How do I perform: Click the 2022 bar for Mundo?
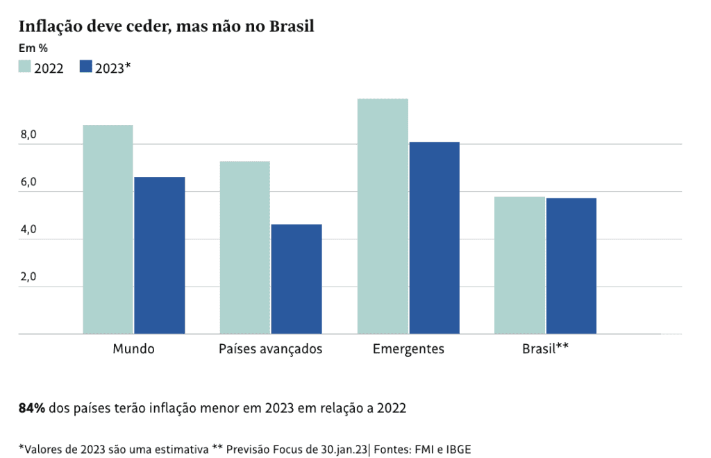coord(108,229)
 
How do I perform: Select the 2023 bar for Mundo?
coord(160,255)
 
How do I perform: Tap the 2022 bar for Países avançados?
coord(244,247)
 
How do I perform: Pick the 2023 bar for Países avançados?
coord(296,279)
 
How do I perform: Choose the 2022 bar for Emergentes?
coord(383,217)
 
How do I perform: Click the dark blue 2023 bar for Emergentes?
coord(434,238)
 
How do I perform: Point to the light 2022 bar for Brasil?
coord(519,265)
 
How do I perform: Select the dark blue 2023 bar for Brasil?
coord(571,266)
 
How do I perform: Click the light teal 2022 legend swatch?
coord(24,67)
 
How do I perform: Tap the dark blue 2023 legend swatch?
coord(86,67)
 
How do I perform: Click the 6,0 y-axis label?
coord(28,183)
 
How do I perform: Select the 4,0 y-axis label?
coord(28,230)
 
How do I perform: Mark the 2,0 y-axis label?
coord(28,277)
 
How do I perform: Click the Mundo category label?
coord(133,348)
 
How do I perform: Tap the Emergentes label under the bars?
coord(408,348)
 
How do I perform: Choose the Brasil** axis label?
coord(546,348)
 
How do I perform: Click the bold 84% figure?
coord(31,408)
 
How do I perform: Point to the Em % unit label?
coord(33,49)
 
